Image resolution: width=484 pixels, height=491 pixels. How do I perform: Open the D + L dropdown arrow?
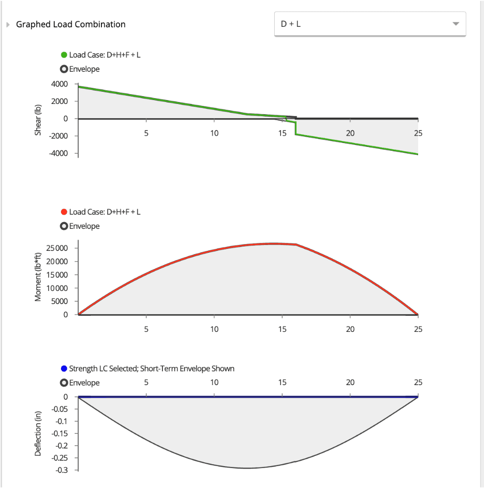pos(456,24)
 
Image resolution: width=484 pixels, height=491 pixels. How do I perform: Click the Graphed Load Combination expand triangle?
pos(7,24)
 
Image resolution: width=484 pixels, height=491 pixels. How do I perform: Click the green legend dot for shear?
pos(64,55)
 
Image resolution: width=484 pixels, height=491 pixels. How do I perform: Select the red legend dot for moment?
pos(64,212)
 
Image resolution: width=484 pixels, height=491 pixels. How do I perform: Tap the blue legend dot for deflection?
pos(64,368)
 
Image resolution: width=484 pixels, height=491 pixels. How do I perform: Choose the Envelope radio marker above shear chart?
pos(64,69)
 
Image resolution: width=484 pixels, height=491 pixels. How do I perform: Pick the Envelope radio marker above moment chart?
pos(64,226)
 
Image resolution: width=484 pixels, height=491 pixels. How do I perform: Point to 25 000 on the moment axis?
pos(60,248)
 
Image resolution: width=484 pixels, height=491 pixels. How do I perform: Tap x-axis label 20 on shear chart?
pos(350,133)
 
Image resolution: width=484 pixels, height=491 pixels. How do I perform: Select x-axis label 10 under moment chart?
pos(214,329)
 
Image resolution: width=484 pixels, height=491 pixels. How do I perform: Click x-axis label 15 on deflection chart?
pos(282,383)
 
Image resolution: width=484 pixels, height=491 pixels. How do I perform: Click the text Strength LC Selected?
pos(103,368)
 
